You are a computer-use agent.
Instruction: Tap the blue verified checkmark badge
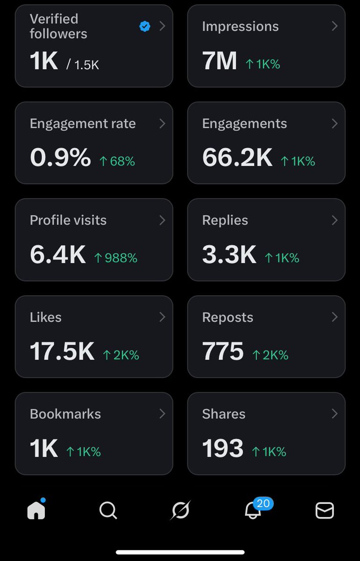pyautogui.click(x=145, y=27)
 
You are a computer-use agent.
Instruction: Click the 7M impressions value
pyautogui.click(x=219, y=61)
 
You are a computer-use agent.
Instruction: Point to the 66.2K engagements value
pyautogui.click(x=237, y=158)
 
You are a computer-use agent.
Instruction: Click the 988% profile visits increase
pyautogui.click(x=115, y=258)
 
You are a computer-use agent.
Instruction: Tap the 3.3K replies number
pyautogui.click(x=229, y=255)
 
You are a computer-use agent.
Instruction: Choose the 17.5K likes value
pyautogui.click(x=62, y=351)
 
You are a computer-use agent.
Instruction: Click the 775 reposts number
pyautogui.click(x=223, y=351)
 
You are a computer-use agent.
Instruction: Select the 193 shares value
pyautogui.click(x=223, y=448)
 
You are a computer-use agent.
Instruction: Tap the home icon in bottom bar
pyautogui.click(x=36, y=510)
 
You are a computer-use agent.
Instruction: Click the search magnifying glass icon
pyautogui.click(x=108, y=510)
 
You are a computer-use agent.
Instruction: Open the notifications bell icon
pyautogui.click(x=253, y=511)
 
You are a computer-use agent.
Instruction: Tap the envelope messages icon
pyautogui.click(x=324, y=510)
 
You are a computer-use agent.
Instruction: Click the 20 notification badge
pyautogui.click(x=263, y=503)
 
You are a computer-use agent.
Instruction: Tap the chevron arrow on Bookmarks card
pyautogui.click(x=162, y=414)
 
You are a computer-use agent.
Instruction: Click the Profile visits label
pyautogui.click(x=68, y=220)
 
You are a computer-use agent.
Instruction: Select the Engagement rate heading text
pyautogui.click(x=83, y=124)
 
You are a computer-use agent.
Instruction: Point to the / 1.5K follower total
pyautogui.click(x=83, y=65)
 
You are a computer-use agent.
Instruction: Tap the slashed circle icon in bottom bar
pyautogui.click(x=180, y=510)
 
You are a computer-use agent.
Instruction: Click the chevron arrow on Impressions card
pyautogui.click(x=334, y=26)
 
